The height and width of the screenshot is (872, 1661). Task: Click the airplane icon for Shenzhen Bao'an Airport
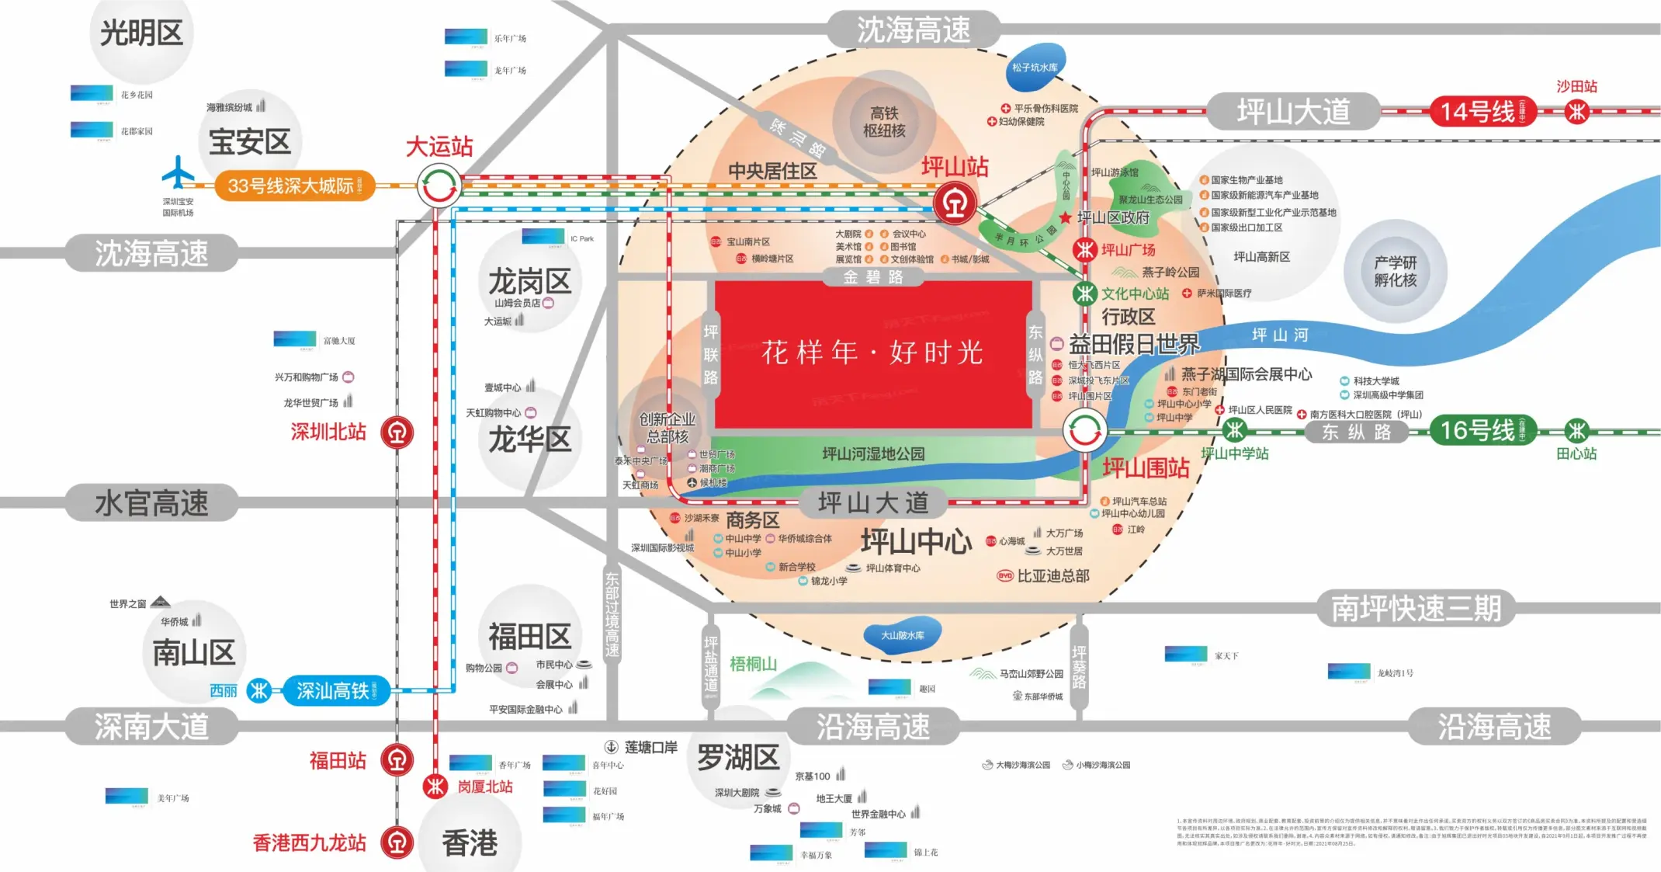178,172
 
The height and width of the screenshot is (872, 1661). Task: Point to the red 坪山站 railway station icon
954,203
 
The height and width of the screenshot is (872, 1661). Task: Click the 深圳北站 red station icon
397,433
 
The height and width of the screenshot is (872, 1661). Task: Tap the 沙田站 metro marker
1576,112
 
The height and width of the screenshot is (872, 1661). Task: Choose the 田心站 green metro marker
1576,430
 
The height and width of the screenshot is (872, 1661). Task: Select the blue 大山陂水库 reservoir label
902,635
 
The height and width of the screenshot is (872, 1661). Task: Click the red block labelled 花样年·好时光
872,353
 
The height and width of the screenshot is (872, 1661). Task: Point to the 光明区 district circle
141,35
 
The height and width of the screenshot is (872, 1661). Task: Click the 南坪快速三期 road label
1416,608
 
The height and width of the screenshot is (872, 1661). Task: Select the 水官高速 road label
151,503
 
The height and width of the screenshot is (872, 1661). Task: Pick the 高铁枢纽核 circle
884,122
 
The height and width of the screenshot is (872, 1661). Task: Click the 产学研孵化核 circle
1395,271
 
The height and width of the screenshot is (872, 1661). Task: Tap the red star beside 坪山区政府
1066,217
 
